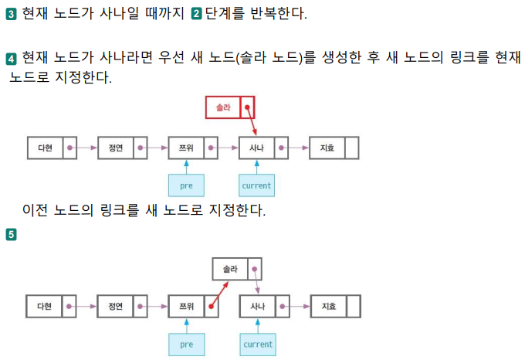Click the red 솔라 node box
coord(229,107)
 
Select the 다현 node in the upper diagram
coord(51,147)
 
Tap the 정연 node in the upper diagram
coord(122,147)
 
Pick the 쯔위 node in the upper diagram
coord(192,147)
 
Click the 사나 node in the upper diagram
coord(263,147)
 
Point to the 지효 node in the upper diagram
coord(334,147)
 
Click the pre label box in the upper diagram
coord(186,185)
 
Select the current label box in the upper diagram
coord(256,185)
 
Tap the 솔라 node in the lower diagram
coord(236,269)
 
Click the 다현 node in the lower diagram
coord(51,306)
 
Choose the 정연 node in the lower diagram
coord(122,306)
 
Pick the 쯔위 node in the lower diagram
coord(192,306)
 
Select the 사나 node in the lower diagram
coord(263,306)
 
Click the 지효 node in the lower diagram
coord(334,306)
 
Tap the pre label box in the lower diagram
coord(186,345)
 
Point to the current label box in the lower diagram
coord(257,345)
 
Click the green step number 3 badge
coord(11,13)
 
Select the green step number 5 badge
coord(11,234)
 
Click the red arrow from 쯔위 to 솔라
coord(220,294)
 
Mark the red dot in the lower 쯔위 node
coord(210,307)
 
